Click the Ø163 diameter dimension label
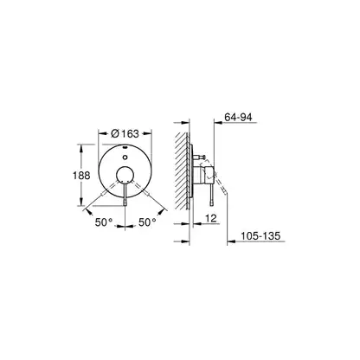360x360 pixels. [125, 133]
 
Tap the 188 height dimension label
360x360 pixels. [81, 176]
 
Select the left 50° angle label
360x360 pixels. [104, 222]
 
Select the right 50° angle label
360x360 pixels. [147, 222]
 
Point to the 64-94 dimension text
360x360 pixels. [238, 117]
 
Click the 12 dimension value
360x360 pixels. [211, 218]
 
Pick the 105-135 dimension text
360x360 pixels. [260, 235]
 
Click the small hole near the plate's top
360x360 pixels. [125, 157]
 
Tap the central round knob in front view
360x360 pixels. [125, 175]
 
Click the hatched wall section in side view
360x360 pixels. [182, 170]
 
